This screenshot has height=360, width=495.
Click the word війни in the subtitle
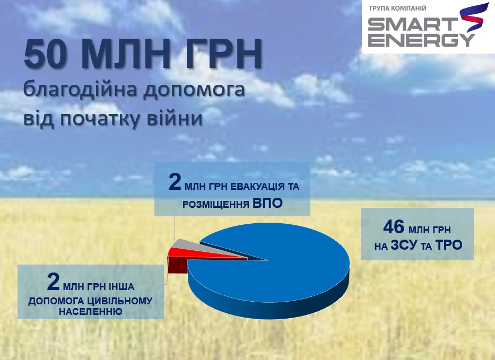(177, 118)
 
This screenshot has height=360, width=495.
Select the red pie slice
(180, 253)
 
